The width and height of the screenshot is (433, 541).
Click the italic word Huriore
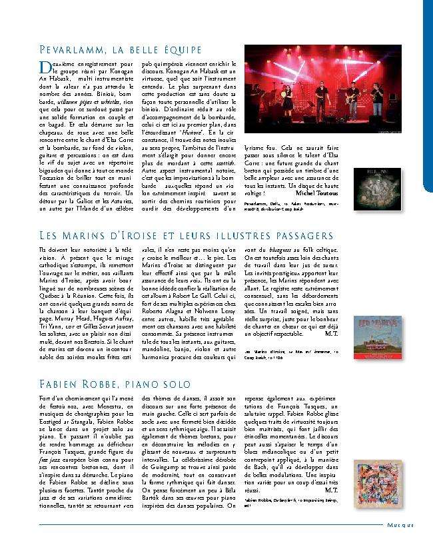click(195, 132)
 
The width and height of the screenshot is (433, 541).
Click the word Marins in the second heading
click(91, 235)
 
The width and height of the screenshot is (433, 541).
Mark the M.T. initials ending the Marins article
click(332, 336)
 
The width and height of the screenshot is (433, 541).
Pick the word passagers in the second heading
click(296, 235)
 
